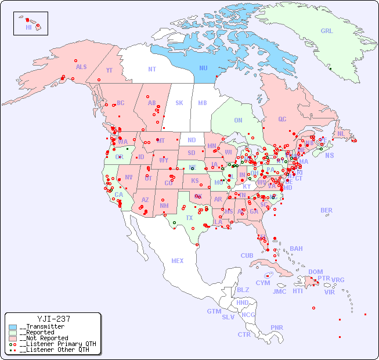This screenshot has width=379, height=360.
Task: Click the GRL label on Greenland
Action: point(327,31)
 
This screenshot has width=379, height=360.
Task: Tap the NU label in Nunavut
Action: point(203,69)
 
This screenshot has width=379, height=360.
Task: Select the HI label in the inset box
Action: point(28,27)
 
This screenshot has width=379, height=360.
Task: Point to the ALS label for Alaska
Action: point(81,67)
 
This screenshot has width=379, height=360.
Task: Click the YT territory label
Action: point(109,70)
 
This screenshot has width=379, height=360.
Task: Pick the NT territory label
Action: point(151,69)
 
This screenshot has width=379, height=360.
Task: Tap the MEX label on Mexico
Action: point(177,261)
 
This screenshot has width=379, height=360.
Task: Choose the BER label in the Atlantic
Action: point(326,210)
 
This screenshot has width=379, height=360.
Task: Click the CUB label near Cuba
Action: point(247,256)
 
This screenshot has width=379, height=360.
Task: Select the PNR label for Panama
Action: point(277,327)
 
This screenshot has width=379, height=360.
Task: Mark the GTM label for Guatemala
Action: point(214,311)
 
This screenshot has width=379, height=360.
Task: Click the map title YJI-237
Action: point(53,319)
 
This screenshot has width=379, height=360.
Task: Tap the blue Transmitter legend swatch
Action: point(13,327)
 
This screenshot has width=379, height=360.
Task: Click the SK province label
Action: point(179,103)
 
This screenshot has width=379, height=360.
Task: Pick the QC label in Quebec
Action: point(282,119)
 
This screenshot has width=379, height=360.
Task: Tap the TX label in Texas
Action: point(189,218)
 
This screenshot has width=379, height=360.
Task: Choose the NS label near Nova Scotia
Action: point(329,155)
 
